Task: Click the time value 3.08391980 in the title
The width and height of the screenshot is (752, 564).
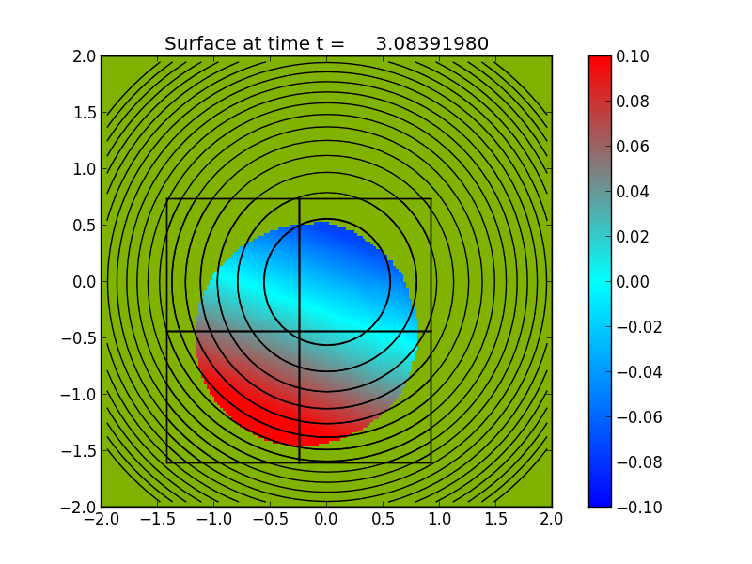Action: tap(431, 44)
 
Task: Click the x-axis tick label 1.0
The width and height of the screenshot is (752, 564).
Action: tap(439, 519)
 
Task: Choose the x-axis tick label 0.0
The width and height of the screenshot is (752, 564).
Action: tap(326, 519)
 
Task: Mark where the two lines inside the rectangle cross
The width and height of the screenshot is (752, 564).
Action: tap(299, 331)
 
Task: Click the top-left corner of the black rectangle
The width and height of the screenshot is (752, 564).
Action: tap(166, 198)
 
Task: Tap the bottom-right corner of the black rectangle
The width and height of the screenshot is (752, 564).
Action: tap(431, 462)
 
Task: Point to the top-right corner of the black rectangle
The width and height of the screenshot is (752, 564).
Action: tap(431, 198)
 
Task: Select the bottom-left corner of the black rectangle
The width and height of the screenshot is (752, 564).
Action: tap(166, 462)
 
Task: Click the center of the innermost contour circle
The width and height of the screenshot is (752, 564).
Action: tap(326, 282)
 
